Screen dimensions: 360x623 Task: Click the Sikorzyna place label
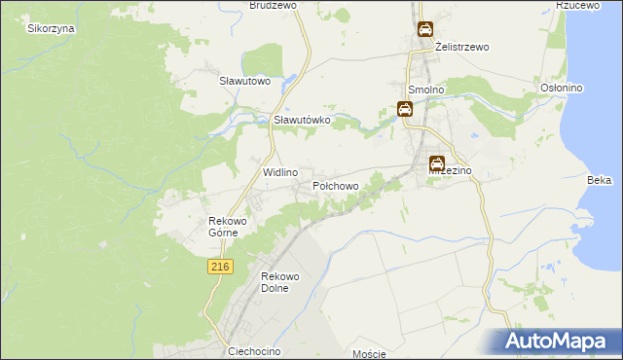(x=52, y=28)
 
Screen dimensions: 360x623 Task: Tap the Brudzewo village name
(x=273, y=5)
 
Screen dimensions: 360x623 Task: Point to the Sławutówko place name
(x=303, y=120)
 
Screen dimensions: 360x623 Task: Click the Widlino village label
(x=280, y=171)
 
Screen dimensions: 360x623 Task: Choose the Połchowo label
(x=336, y=185)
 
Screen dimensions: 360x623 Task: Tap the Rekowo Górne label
(x=230, y=227)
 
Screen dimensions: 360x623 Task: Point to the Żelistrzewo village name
(x=462, y=47)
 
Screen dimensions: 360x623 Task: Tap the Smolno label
(x=426, y=90)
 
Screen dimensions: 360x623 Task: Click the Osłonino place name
(x=561, y=88)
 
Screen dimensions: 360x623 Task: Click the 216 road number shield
(x=219, y=266)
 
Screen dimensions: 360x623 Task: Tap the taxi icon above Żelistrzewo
(x=426, y=29)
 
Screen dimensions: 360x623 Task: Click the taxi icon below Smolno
(x=405, y=110)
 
